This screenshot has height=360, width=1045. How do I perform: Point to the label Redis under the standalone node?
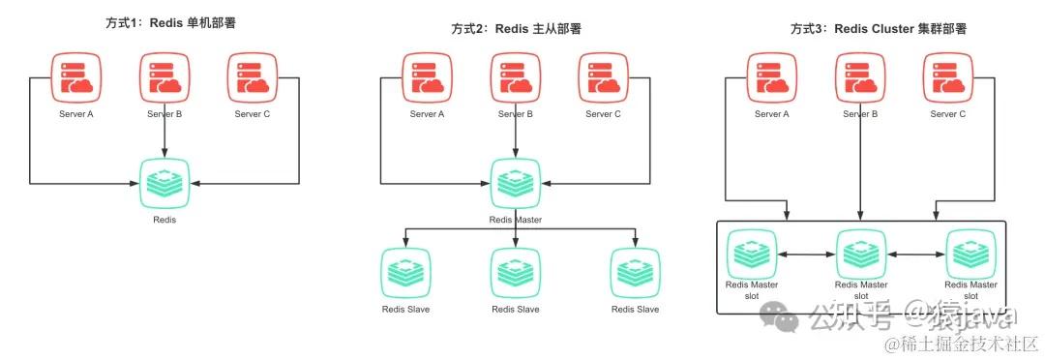(x=164, y=220)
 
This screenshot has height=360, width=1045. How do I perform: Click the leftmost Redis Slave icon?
(x=405, y=273)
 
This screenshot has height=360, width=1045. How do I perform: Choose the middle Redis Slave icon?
(x=515, y=273)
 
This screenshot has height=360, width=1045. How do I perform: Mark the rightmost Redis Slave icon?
(x=635, y=273)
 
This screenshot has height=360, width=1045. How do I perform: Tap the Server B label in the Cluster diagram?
(x=860, y=114)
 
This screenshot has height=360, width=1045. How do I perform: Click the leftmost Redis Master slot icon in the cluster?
(x=751, y=254)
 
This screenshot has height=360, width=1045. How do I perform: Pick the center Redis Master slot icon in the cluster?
(x=860, y=254)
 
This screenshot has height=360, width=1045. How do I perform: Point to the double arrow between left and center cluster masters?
(x=805, y=255)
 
